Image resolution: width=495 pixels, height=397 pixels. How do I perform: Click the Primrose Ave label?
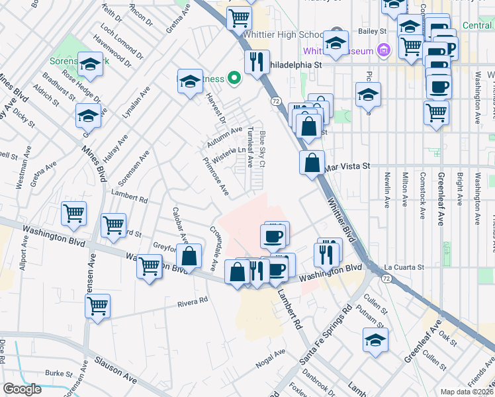[x=216, y=177]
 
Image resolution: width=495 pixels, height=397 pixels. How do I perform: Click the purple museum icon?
[x=383, y=50]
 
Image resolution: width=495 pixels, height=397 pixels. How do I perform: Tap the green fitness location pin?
[x=234, y=79]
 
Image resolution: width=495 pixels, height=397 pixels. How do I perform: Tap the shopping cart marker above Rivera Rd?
[x=97, y=306]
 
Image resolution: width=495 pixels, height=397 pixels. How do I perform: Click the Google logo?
[x=22, y=389]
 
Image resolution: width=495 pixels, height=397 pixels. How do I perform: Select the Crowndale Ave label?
[x=214, y=249]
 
